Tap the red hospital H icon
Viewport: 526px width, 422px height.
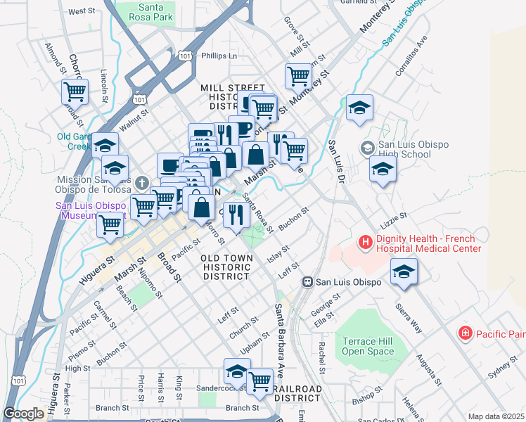[x=366, y=243]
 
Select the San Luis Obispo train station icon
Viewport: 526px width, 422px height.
[x=307, y=282]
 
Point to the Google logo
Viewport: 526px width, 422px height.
[x=23, y=414]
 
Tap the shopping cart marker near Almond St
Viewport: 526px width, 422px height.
[x=75, y=91]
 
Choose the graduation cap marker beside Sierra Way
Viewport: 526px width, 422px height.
[x=404, y=271]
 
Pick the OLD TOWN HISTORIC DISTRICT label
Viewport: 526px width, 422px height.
[x=226, y=268]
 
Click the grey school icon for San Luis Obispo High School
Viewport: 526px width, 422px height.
[x=366, y=148]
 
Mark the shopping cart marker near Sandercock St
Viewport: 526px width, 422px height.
[x=260, y=381]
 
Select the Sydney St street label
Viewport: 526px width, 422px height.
[x=502, y=366]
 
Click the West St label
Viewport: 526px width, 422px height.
[x=82, y=11]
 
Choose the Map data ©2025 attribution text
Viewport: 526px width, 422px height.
[x=496, y=416]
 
